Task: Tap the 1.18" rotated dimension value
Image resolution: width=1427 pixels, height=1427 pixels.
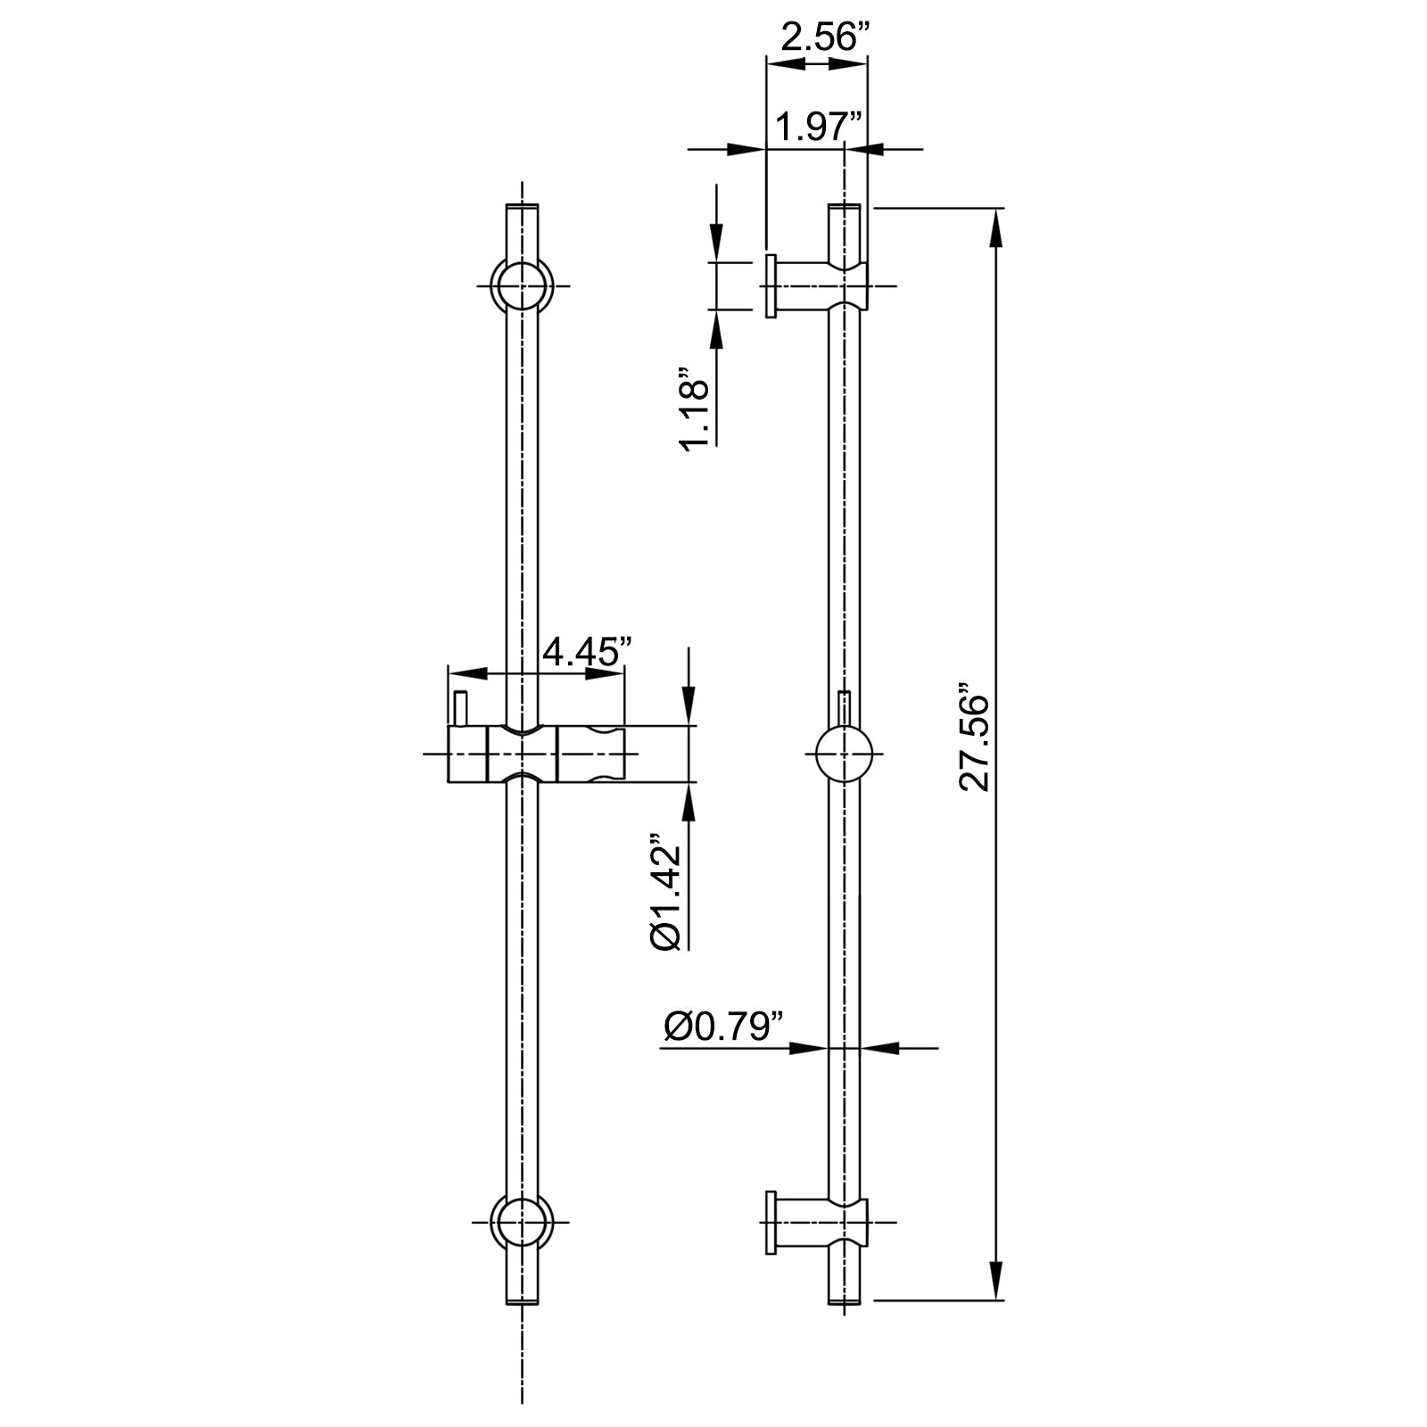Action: [695, 408]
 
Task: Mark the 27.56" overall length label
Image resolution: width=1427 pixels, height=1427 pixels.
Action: [976, 737]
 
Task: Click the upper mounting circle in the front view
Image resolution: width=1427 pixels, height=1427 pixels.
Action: [522, 286]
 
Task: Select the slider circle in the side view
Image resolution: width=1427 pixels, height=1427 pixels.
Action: [844, 754]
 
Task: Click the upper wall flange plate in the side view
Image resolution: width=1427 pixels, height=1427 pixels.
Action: [770, 285]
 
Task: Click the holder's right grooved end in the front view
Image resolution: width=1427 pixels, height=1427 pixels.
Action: [591, 755]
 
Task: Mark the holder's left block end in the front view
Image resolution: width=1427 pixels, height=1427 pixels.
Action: [466, 755]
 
